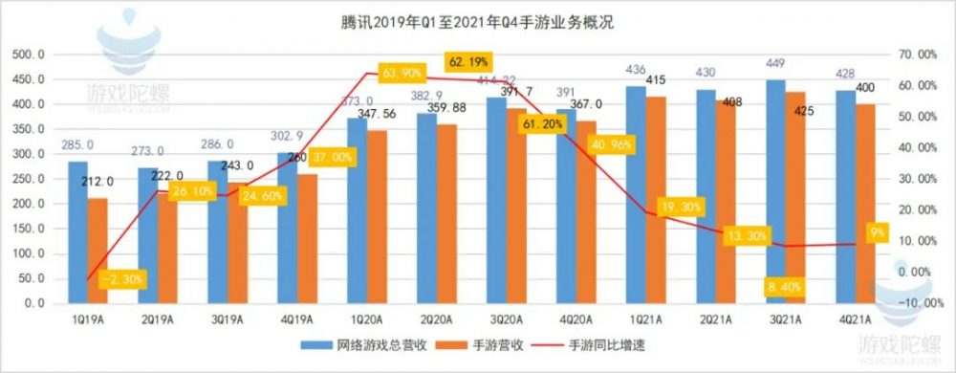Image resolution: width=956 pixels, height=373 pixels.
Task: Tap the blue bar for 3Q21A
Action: pos(775,191)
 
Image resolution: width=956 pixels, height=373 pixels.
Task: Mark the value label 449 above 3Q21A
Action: pos(775,65)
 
